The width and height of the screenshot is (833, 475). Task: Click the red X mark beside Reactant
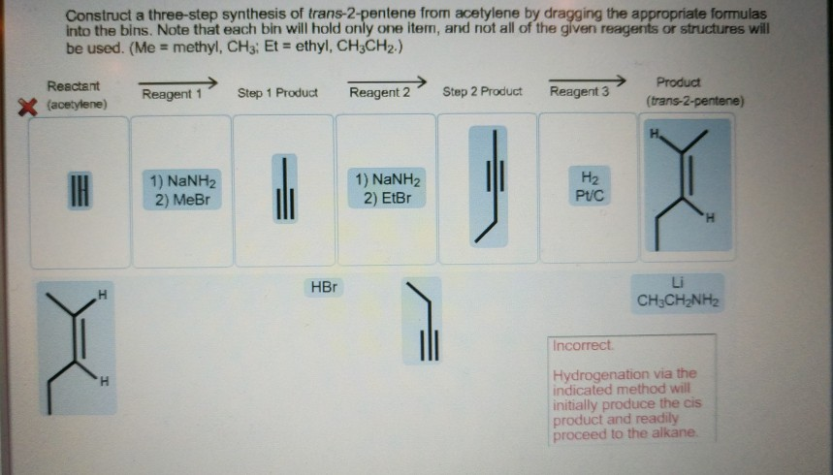pos(27,107)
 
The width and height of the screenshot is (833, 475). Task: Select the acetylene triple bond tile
pos(80,190)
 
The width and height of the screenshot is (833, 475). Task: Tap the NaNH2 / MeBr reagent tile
pos(182,190)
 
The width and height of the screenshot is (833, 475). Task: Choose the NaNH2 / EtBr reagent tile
pos(387,188)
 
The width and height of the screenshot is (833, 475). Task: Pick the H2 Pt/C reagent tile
pos(590,186)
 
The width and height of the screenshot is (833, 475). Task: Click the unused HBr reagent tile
pos(324,287)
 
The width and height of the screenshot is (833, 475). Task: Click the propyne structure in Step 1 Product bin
pos(285,189)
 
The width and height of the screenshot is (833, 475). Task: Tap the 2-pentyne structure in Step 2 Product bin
pos(488,186)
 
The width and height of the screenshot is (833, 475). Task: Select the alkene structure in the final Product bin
pos(688,185)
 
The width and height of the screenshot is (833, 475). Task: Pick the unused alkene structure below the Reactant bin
pos(77,349)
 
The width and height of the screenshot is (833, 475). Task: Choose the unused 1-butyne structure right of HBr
pos(423,321)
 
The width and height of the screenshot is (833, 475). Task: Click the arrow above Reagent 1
pos(178,83)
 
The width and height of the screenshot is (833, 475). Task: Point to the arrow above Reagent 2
pos(387,81)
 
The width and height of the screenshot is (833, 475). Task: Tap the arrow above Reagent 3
pos(587,80)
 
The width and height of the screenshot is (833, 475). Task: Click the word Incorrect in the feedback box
pos(583,345)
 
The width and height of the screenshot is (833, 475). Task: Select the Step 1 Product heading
pos(277,93)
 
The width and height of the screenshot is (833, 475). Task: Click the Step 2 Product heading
pos(482,91)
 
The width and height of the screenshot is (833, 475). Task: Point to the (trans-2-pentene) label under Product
pos(695,101)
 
